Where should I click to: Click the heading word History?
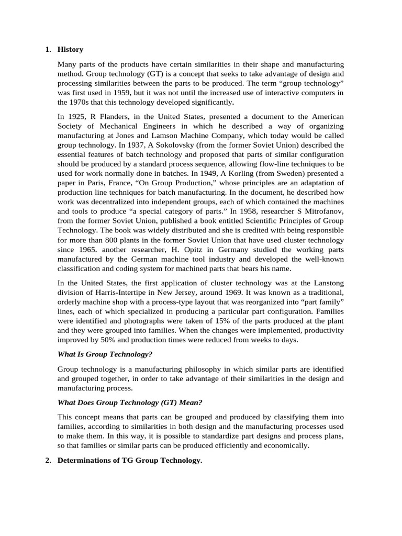(70, 50)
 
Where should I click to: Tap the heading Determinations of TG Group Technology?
(129, 460)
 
